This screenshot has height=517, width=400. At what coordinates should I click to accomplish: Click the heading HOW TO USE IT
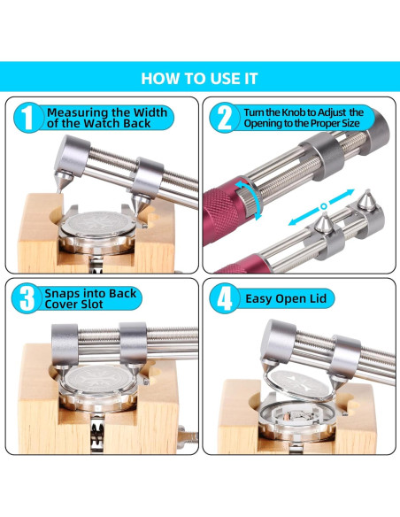[x=199, y=79]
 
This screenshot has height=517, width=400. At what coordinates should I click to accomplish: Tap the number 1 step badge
[x=28, y=118]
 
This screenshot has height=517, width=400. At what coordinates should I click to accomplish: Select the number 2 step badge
[x=226, y=118]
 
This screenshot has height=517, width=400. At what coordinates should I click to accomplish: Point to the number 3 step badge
[x=27, y=298]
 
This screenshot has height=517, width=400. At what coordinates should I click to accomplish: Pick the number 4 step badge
[x=225, y=298]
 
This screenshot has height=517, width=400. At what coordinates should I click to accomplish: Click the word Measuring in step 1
[x=78, y=112]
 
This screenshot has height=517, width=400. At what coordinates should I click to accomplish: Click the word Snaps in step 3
[x=62, y=293]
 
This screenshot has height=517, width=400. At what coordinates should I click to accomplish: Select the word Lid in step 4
[x=318, y=298]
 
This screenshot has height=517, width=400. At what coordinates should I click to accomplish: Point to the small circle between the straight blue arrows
[x=324, y=206]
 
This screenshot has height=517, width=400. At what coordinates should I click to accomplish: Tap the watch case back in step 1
[x=98, y=227]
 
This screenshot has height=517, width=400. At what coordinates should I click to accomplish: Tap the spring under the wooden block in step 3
[x=97, y=434]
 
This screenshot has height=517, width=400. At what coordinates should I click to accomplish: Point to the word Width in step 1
[x=150, y=112]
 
